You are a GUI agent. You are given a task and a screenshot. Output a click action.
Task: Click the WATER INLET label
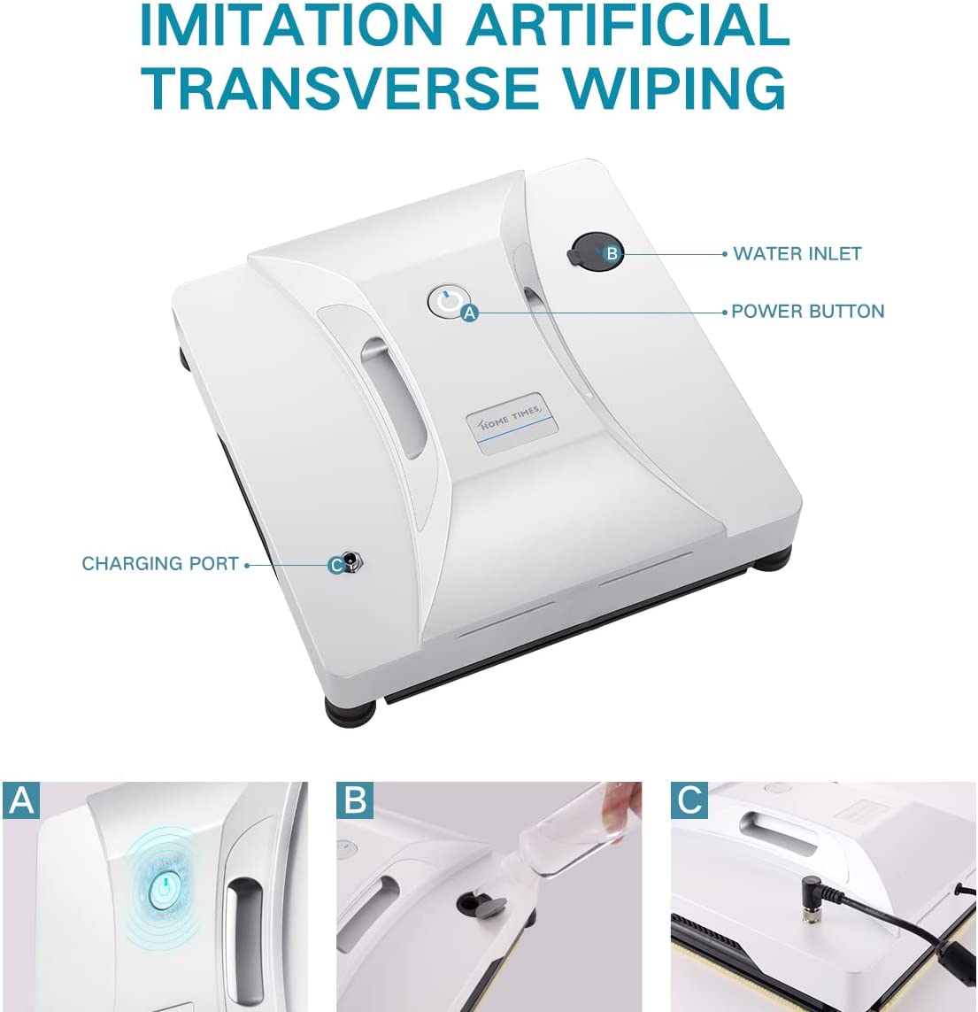(797, 254)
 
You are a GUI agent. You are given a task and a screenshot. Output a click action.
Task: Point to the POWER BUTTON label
(807, 312)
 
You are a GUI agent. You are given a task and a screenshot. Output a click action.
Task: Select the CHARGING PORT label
(160, 564)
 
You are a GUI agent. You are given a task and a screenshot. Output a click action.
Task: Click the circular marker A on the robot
(470, 313)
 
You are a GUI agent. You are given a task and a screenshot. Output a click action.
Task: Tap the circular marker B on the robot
(611, 254)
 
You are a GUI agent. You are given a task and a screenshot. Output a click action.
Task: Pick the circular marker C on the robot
(335, 565)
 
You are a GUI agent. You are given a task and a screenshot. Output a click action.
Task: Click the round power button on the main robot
(445, 301)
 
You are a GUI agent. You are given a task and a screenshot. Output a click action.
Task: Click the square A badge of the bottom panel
(20, 800)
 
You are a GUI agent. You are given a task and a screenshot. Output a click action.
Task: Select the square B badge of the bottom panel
(355, 800)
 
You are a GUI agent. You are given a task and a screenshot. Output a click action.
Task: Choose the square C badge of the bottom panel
(689, 800)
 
